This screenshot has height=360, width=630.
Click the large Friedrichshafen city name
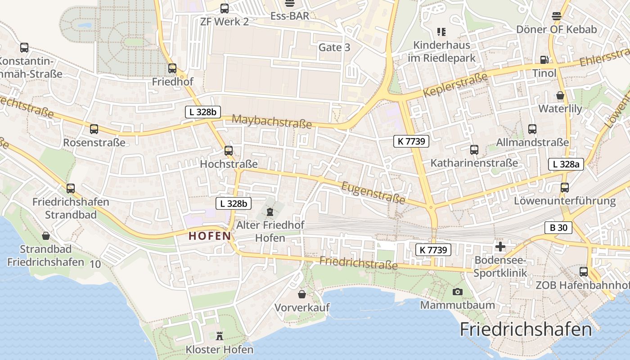(526, 329)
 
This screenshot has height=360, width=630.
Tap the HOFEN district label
(210, 235)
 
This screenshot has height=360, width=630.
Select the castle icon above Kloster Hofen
(220, 335)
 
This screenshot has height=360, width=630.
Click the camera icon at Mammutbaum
(457, 292)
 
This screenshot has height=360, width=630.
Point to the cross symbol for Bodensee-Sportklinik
(500, 246)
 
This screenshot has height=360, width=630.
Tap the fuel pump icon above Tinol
(544, 59)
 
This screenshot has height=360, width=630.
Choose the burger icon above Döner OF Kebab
(557, 16)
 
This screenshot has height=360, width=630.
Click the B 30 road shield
(558, 228)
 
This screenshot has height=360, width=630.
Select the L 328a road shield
(566, 164)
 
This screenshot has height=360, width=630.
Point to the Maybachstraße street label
(272, 121)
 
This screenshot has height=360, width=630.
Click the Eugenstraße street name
(373, 192)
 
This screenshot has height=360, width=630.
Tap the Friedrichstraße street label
(359, 263)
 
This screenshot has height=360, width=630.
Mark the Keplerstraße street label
(455, 85)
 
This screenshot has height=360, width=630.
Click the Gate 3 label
(334, 47)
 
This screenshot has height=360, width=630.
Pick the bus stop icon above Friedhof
(172, 68)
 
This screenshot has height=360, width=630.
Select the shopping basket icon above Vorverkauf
(302, 294)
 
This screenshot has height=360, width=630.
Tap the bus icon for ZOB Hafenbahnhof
(584, 271)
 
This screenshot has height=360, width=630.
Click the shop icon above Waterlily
(560, 95)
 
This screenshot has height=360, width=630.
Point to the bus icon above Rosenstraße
(94, 129)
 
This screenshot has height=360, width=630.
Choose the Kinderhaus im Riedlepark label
(441, 51)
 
